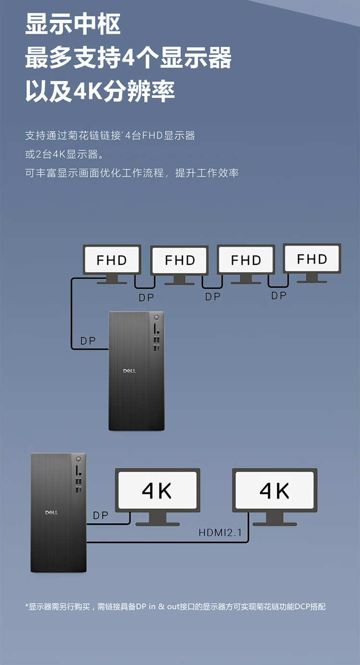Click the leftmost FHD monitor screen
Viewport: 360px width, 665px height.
(112, 260)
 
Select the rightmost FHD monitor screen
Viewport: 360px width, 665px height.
(312, 259)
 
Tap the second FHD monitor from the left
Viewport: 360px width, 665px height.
(180, 260)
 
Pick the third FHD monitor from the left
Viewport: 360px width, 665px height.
(246, 260)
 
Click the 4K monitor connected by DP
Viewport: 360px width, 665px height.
(157, 490)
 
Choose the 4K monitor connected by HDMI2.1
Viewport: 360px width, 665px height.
(275, 490)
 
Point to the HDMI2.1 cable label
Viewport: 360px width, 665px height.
(220, 533)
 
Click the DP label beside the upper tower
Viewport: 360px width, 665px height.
(88, 341)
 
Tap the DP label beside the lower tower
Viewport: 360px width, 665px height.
(101, 516)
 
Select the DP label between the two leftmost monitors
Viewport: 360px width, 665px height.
(146, 298)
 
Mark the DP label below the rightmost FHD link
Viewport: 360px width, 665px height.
(279, 296)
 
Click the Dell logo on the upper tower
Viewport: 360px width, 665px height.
(130, 371)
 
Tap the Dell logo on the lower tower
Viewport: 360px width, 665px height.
(51, 512)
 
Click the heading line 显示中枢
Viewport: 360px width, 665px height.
(73, 24)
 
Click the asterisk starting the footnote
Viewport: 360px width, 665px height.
(27, 606)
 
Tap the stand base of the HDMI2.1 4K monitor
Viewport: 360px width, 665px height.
(275, 523)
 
